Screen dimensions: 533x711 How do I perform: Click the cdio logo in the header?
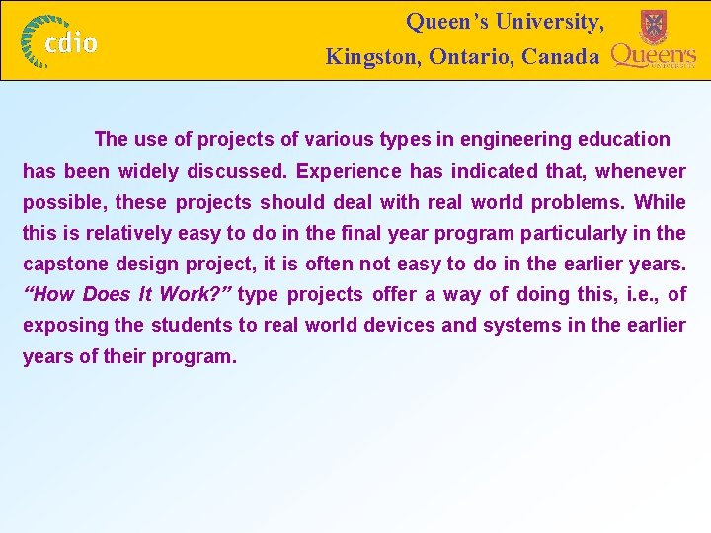click(x=61, y=41)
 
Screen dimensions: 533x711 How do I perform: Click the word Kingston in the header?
click(x=373, y=57)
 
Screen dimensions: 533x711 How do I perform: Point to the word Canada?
click(x=560, y=57)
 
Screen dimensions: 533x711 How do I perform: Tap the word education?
click(x=622, y=140)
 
